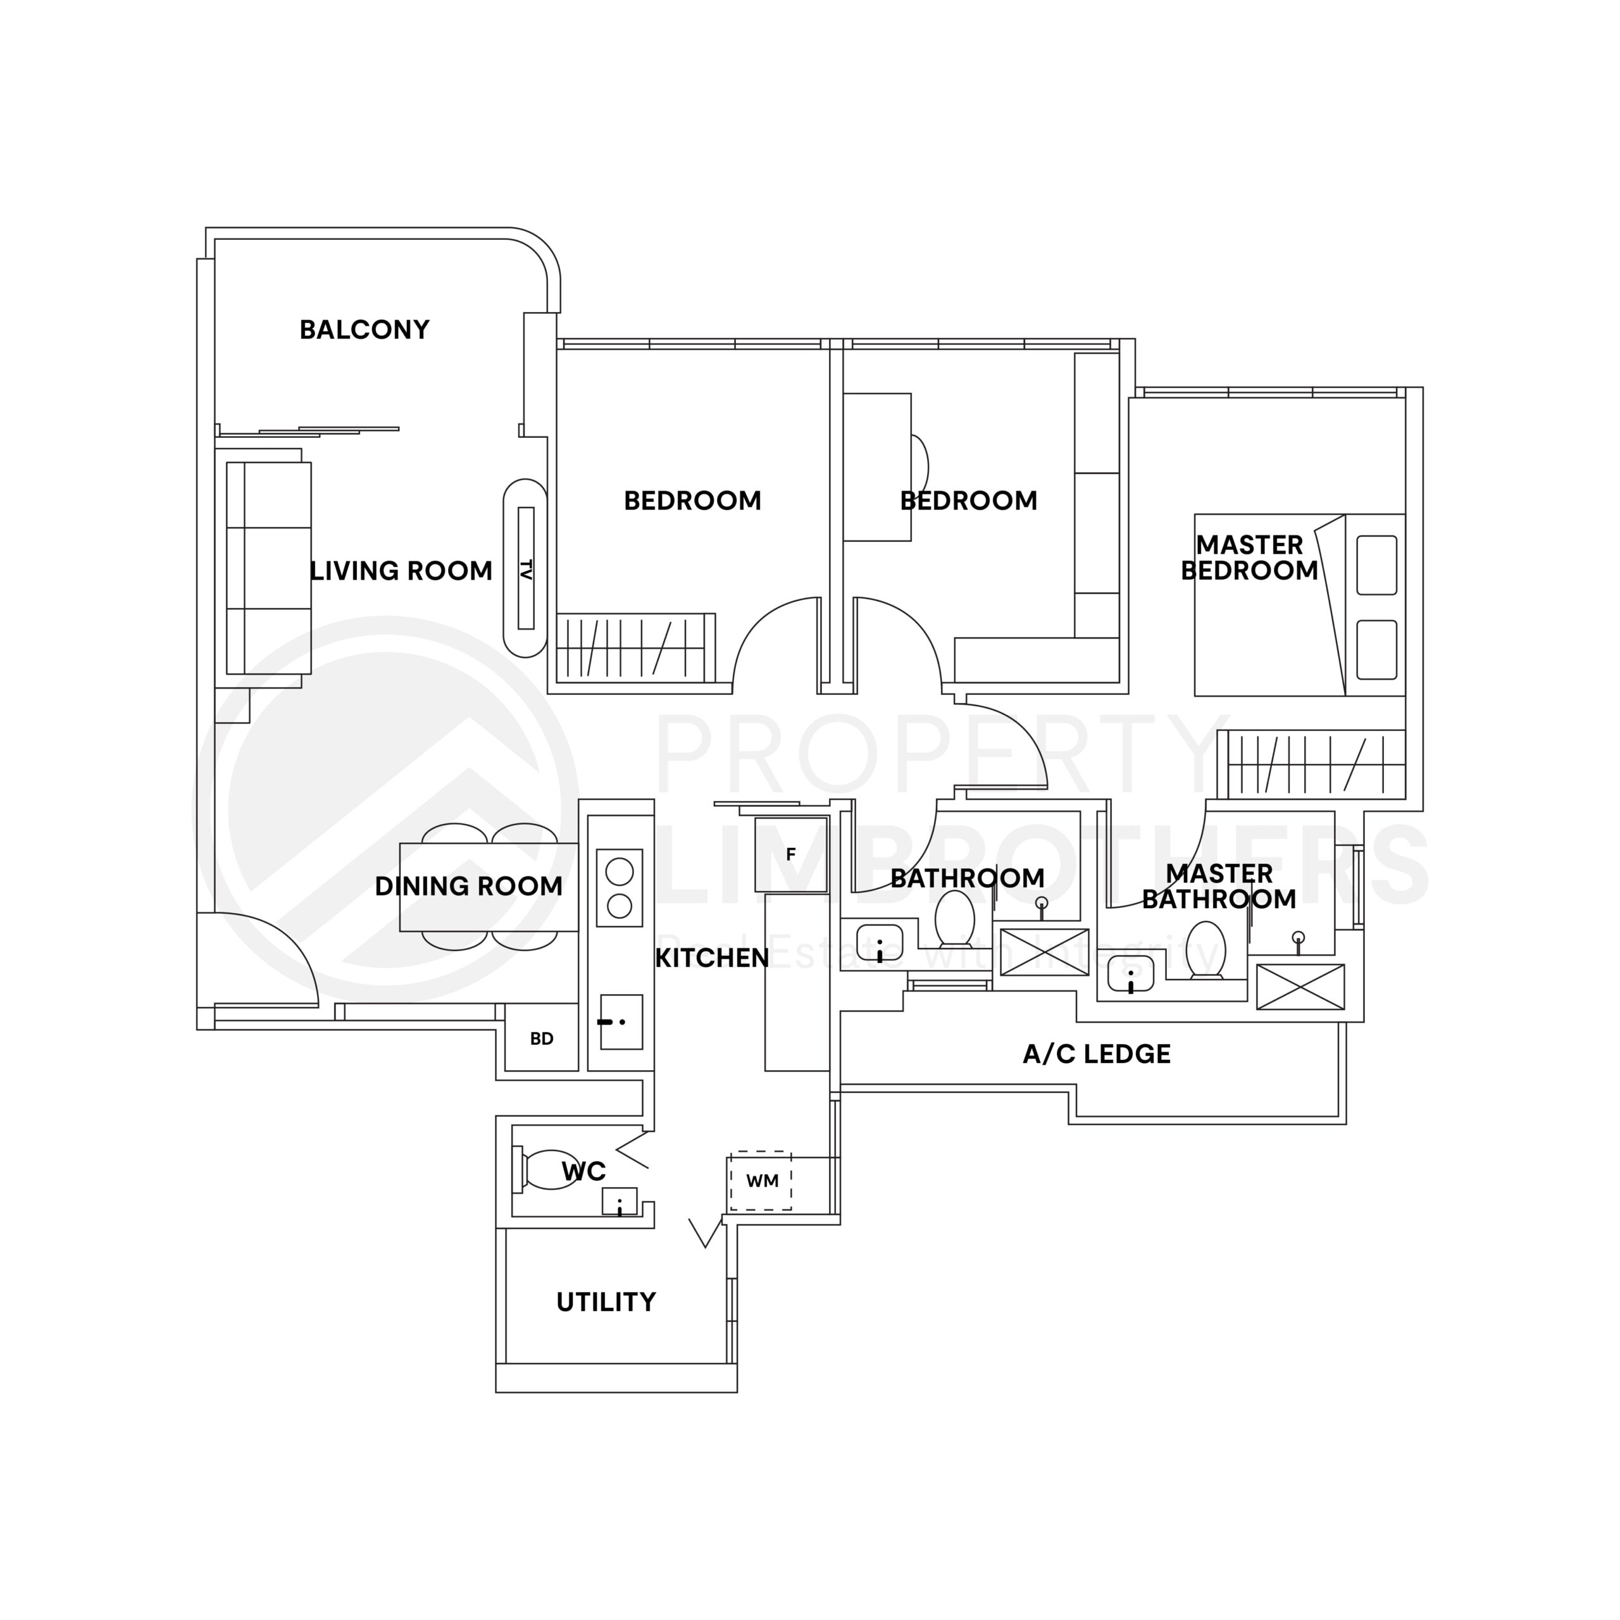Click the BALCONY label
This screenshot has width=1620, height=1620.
364,330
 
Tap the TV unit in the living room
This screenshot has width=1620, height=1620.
526,568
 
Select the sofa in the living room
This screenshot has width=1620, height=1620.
268,568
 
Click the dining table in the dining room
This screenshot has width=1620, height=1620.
489,887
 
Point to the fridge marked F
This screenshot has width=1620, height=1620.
790,854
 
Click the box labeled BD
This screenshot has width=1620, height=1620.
542,1038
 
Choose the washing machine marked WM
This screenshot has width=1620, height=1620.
761,1181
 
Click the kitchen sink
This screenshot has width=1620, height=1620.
621,1022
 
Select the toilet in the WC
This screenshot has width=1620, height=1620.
545,1169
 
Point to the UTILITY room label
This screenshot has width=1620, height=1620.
606,1302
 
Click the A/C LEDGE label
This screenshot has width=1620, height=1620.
1096,1054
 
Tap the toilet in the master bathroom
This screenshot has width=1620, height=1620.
1207,949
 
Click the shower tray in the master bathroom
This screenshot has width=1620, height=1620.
1300,987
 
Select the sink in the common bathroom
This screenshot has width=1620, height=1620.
880,944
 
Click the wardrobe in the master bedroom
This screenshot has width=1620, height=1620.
1316,764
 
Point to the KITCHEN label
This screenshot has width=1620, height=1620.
711,957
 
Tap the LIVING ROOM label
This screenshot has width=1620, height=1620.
401,571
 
